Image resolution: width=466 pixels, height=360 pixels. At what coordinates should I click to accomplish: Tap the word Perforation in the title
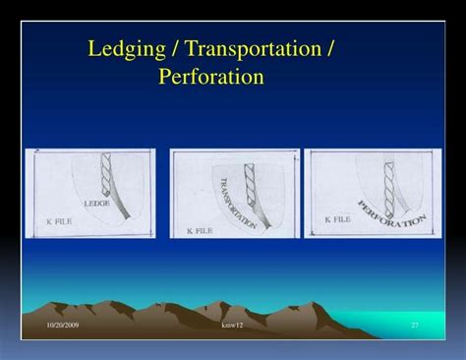[210, 76]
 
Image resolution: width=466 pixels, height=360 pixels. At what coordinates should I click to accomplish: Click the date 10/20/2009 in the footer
[64, 325]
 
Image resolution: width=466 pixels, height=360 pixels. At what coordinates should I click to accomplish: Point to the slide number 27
[414, 325]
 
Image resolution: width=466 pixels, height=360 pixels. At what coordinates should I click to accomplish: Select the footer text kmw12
[232, 325]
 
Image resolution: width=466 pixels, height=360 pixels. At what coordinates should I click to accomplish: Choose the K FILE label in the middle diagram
[201, 230]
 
